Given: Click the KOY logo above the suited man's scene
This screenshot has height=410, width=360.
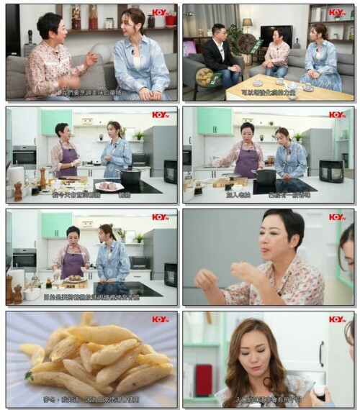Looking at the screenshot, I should [x=337, y=12].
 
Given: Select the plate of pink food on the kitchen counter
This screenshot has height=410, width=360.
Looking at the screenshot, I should [x=108, y=186].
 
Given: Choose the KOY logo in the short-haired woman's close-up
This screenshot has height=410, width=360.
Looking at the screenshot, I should [x=337, y=217].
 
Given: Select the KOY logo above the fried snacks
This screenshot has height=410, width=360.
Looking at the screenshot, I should [x=160, y=319].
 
